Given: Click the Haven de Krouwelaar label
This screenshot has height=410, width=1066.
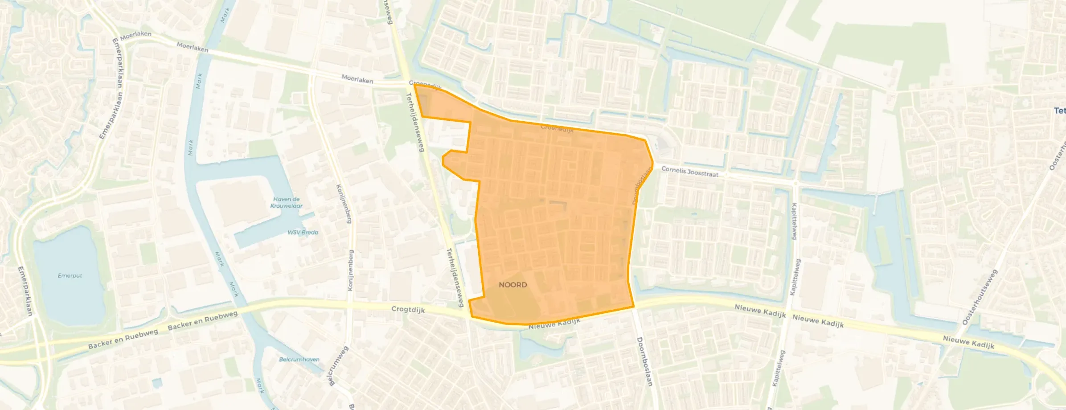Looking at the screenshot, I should (x=286, y=202).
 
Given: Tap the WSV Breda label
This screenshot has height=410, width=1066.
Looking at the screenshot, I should (x=303, y=232).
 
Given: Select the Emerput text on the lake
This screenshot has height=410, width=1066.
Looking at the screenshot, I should (x=70, y=275).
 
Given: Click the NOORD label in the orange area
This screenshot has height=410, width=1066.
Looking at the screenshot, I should (x=513, y=285).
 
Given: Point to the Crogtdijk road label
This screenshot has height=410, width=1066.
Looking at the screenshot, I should (x=408, y=309).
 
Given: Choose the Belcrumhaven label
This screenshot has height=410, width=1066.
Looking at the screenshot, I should (x=299, y=359).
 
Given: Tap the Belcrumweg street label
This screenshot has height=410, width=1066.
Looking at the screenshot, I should (x=337, y=366).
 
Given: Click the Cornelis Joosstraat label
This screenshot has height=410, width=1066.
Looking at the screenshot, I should (x=689, y=172).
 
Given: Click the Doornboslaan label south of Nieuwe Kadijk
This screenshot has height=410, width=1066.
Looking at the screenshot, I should (x=644, y=361).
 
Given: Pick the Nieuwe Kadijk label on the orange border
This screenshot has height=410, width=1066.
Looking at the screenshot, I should (x=554, y=324).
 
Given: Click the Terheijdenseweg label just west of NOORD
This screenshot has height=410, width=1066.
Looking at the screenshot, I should (x=455, y=278).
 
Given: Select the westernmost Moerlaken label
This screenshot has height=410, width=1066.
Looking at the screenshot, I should (x=135, y=36).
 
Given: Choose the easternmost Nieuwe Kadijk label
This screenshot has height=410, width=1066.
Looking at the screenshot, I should (x=968, y=342).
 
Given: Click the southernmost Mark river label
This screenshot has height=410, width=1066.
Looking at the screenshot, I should (x=260, y=385).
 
